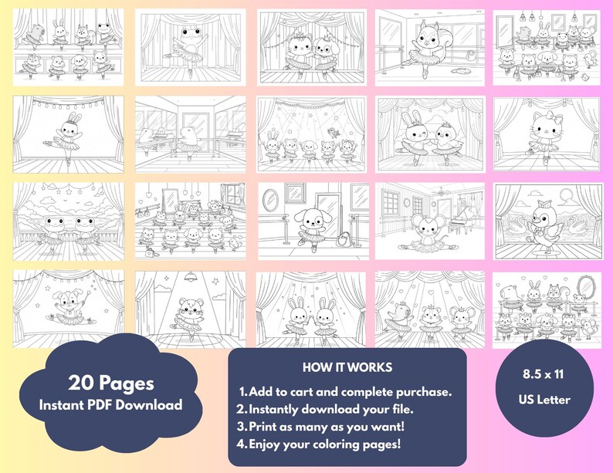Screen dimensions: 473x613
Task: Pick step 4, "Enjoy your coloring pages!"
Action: click(326, 444)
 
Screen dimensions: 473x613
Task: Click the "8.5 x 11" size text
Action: click(549, 373)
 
